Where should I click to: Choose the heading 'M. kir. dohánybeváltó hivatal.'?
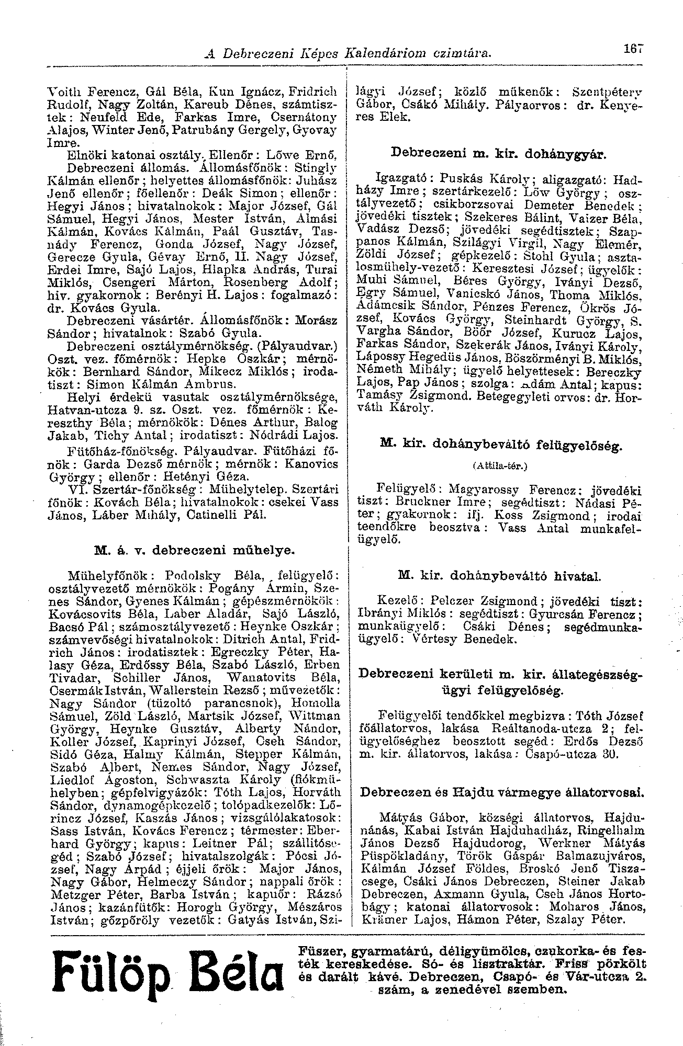pos(499,576)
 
